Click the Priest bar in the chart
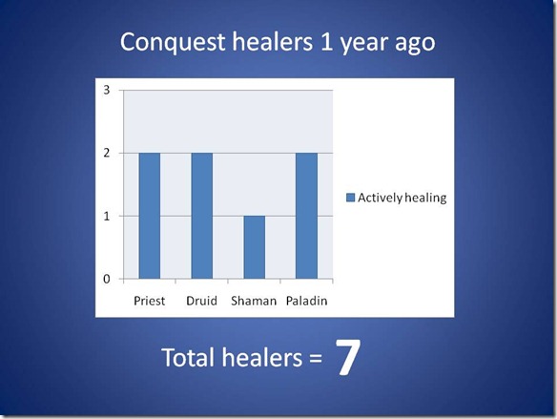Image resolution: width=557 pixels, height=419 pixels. tap(150, 216)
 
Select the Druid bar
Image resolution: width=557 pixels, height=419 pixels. tap(202, 216)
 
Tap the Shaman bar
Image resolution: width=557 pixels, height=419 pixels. tap(255, 247)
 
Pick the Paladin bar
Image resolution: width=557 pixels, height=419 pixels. tap(306, 216)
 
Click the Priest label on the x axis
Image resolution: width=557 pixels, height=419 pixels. tap(149, 301)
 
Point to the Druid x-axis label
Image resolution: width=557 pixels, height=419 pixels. tap(201, 301)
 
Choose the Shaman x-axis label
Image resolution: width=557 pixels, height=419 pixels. tap(254, 301)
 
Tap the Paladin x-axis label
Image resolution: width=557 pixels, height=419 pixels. tap(306, 301)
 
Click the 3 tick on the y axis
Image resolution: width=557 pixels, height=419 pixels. tap(107, 91)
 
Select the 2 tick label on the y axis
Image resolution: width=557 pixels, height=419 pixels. tap(107, 153)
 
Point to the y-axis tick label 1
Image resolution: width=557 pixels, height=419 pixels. tap(107, 216)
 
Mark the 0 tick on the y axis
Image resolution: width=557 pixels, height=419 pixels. tap(107, 279)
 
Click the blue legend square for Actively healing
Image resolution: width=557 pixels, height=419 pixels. tap(351, 198)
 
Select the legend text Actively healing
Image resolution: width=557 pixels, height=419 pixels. tap(402, 198)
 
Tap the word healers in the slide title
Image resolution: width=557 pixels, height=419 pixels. tap(273, 42)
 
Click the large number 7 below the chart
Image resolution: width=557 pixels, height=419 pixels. tap(348, 357)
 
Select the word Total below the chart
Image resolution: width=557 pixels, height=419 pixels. tap(188, 357)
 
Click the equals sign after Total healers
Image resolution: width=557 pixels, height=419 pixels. tap(316, 359)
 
